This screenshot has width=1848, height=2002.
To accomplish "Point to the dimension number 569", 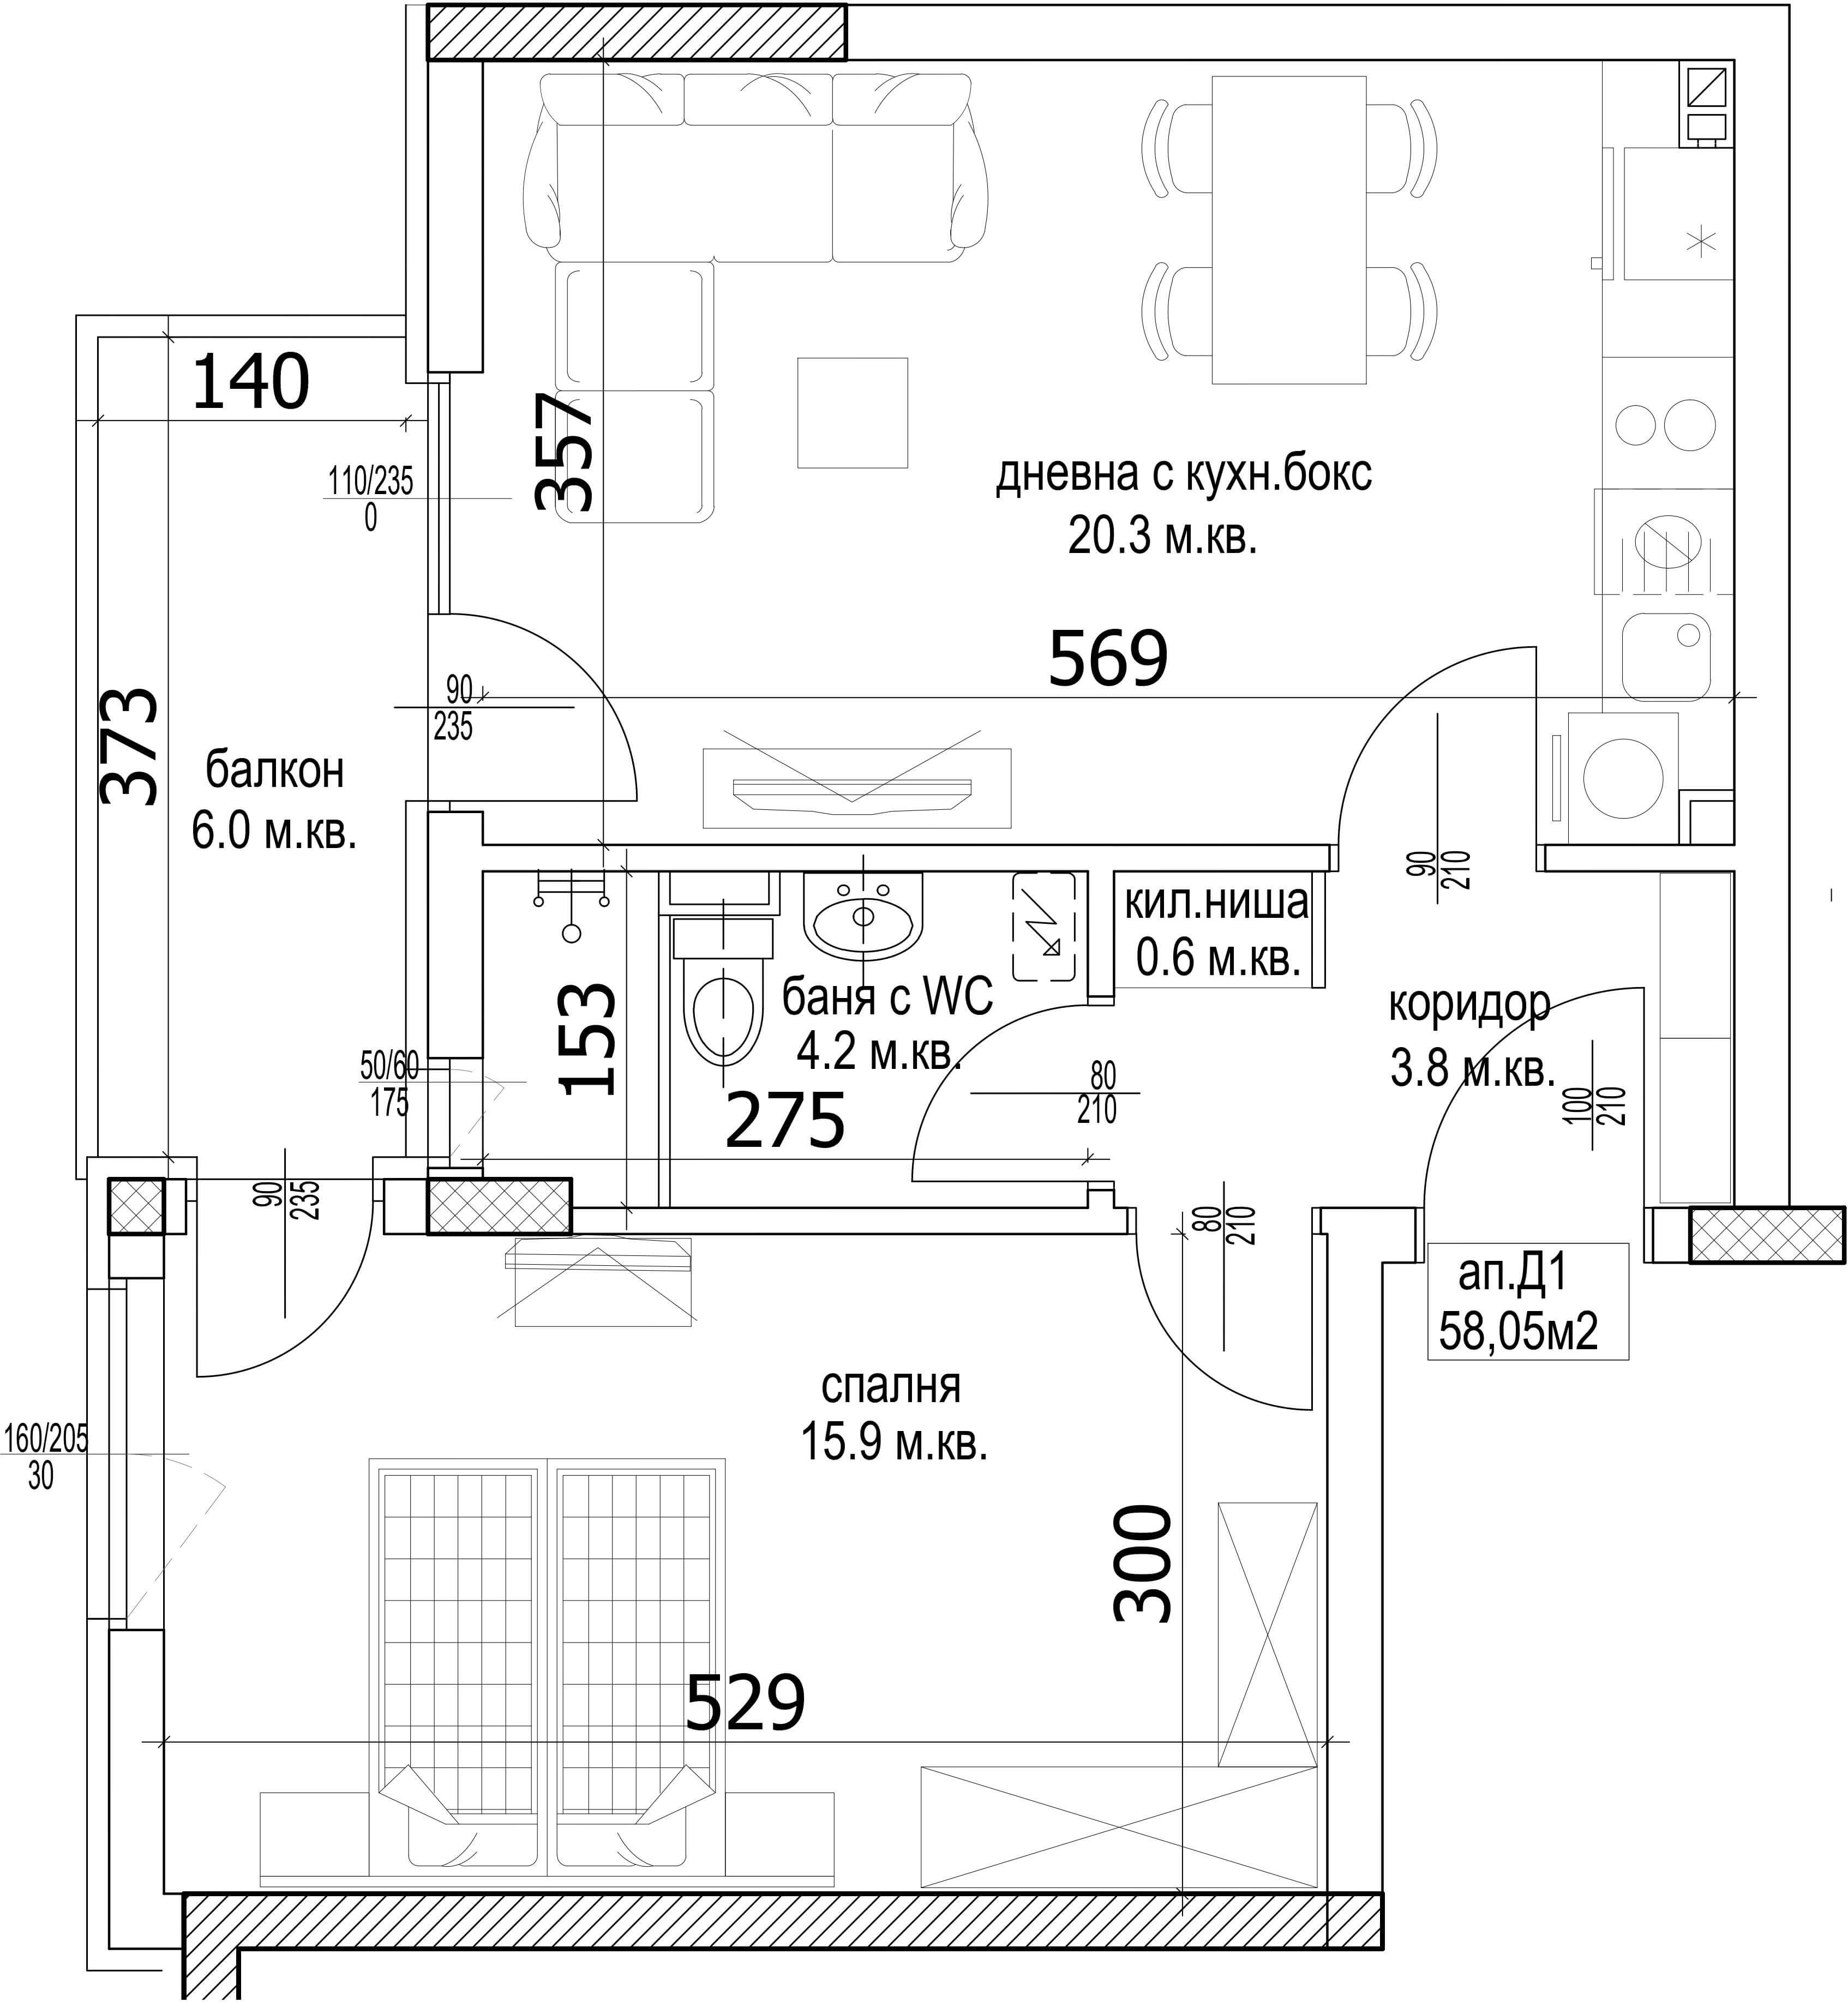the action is (x=1108, y=659).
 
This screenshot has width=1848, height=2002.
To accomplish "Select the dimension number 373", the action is (x=130, y=747).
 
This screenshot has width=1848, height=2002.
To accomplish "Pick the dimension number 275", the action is (x=785, y=1122).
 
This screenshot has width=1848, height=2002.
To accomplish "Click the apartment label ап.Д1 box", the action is (x=1528, y=1301).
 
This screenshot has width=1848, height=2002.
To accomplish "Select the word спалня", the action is (x=891, y=1387).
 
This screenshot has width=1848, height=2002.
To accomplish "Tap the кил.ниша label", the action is (x=1216, y=903).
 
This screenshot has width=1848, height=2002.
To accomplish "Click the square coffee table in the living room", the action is (x=852, y=413).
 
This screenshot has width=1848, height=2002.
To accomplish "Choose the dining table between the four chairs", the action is (x=1289, y=230).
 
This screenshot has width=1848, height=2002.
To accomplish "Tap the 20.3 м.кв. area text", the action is (x=1162, y=538).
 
